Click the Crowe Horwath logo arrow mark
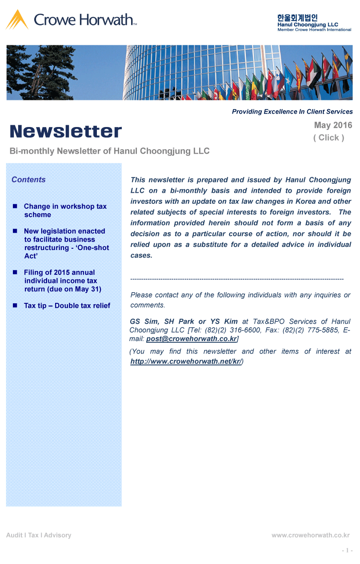point(17,20)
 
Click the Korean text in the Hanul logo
point(297,18)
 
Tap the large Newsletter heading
point(66,131)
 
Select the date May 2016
point(333,125)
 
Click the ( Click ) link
point(328,138)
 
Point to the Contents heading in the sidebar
point(28,180)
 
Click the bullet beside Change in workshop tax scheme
point(15,207)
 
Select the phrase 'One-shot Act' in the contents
point(67,252)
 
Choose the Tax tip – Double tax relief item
point(67,306)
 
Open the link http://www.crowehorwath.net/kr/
point(186,361)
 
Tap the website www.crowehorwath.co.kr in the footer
point(311,535)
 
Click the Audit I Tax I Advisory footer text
point(39,535)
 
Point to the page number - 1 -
point(347,551)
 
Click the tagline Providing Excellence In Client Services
point(292,112)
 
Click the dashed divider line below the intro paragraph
point(236,279)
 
